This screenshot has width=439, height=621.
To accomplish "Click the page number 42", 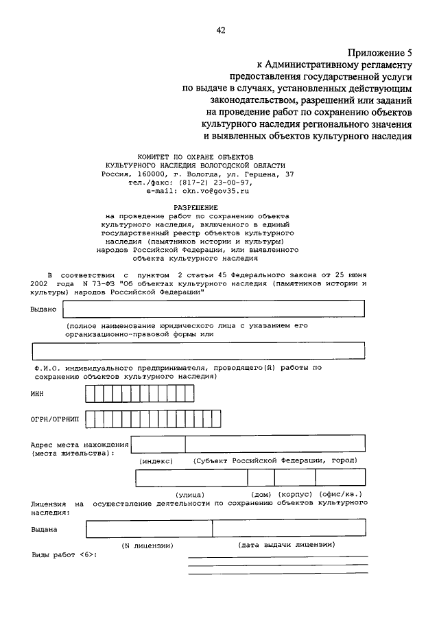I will (220, 30).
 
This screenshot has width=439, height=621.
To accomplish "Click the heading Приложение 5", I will (379, 52).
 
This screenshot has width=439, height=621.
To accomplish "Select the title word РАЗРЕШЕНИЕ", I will (196, 207).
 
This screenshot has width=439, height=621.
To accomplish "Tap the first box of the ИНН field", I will (90, 394).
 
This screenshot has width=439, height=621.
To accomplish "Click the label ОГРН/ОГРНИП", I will (56, 418).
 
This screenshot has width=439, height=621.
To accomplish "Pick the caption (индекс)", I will (156, 461).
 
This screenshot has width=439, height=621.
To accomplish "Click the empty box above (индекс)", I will (158, 445).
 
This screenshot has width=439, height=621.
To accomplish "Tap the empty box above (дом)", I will (261, 478).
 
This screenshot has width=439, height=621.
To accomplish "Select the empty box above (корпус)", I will (295, 478).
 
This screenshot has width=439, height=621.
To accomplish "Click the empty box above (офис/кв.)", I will (341, 478).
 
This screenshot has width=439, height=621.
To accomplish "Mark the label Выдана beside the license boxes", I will (44, 529).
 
